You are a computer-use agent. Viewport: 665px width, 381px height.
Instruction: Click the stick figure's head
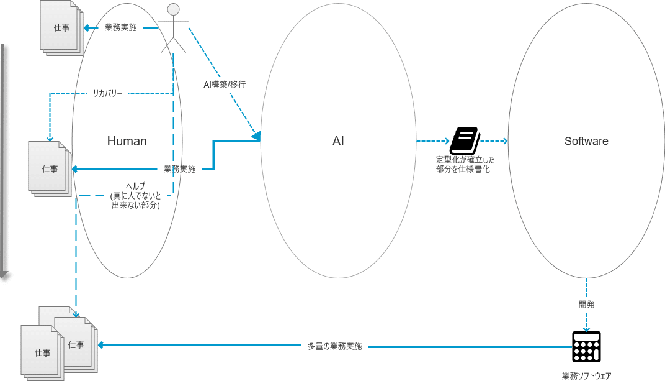pos(174,9)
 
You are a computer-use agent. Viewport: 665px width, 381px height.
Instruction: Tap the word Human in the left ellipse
pos(127,141)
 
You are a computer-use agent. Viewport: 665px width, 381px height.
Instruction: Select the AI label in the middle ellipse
pos(338,141)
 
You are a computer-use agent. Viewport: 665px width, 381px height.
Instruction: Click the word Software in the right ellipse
pos(586,141)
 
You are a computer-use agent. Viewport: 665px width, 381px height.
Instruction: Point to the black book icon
pos(465,140)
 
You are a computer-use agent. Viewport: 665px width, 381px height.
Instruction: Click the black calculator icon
pos(586,346)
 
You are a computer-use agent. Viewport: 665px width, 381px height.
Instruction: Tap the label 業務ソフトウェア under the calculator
pos(586,375)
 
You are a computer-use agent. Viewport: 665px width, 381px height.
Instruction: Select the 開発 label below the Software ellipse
pos(586,305)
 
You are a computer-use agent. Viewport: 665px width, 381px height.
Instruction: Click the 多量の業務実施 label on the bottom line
pos(334,346)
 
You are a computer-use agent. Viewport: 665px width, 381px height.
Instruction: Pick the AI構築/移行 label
pos(225,84)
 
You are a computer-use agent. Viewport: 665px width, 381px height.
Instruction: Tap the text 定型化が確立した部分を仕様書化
pos(465,164)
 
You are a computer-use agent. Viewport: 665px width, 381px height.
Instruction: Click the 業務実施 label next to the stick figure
pos(121,28)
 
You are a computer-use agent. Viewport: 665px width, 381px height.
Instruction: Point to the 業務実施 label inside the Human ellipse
pos(179,168)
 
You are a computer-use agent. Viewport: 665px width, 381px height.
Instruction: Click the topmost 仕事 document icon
pos(61,29)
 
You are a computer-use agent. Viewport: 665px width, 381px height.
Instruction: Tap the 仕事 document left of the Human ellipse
pos(50,168)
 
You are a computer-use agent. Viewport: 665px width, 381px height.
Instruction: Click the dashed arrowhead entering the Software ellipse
pos(505,141)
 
